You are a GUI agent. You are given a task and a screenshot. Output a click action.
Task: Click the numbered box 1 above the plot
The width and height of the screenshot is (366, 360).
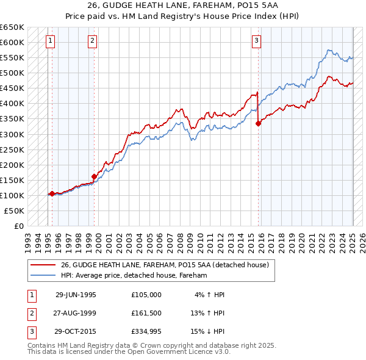click(49, 41)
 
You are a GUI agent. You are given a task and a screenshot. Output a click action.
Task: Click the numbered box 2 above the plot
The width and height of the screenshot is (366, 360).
click(92, 41)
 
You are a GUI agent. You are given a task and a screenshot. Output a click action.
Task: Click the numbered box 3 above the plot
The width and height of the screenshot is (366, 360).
click(256, 41)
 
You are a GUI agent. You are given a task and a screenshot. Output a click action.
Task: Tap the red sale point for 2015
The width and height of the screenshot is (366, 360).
click(258, 123)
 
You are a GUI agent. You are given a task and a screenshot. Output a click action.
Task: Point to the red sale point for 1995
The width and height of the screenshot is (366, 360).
click(52, 193)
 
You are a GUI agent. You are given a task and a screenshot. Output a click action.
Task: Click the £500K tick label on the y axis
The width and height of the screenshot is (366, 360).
click(13, 73)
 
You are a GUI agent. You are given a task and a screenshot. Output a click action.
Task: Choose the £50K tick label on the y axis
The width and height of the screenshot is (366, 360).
click(15, 211)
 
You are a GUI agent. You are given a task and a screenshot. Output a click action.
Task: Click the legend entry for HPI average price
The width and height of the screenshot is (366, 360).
click(134, 275)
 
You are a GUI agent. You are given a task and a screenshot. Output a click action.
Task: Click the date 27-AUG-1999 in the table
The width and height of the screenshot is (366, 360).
click(76, 314)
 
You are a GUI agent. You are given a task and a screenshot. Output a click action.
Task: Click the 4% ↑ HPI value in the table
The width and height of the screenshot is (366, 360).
click(210, 294)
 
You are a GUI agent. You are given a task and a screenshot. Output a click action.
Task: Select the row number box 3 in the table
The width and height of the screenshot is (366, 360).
click(31, 333)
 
